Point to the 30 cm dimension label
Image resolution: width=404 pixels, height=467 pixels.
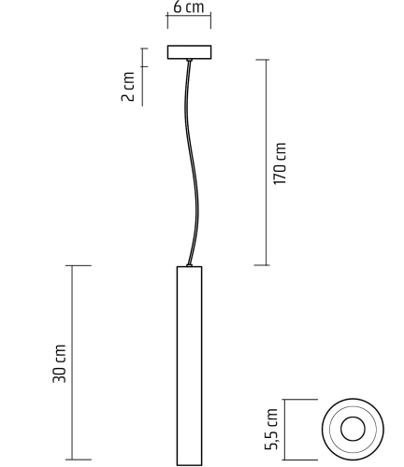tap(61, 364)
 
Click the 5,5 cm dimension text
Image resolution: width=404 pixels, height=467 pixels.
tap(273, 430)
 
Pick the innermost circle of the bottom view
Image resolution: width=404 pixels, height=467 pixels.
tap(353, 430)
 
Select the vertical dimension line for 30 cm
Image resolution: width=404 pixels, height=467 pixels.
tap(78, 364)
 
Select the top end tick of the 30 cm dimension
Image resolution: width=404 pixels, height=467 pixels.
tap(78, 265)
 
